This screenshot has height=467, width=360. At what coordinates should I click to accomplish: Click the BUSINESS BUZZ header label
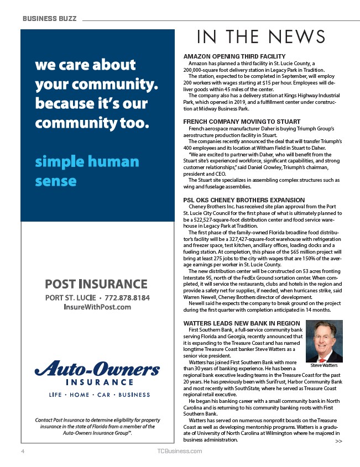[x=49, y=18]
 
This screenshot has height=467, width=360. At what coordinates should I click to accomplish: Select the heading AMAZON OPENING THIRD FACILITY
[x=234, y=56]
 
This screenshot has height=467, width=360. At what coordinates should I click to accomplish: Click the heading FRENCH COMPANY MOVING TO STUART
[x=242, y=121]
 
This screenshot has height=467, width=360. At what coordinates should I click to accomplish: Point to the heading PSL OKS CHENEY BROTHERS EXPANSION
[x=243, y=200]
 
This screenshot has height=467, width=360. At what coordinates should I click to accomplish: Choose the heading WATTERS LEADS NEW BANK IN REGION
[x=242, y=323]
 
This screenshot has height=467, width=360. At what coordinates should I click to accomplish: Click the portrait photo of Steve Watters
[x=324, y=342]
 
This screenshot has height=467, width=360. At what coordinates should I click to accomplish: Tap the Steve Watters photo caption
[x=324, y=366]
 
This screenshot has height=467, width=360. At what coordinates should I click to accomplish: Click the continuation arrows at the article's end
[x=338, y=442]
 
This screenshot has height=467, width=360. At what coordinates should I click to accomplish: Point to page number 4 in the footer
[x=23, y=452]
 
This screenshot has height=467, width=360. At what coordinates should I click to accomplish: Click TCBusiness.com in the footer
[x=180, y=452]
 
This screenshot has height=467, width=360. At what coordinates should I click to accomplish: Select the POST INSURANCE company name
[x=96, y=284]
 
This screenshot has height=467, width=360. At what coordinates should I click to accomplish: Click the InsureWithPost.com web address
[x=97, y=307]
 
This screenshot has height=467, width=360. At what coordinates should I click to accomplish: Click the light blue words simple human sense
[x=87, y=171]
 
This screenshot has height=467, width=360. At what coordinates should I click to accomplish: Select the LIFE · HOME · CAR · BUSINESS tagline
[x=92, y=395]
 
